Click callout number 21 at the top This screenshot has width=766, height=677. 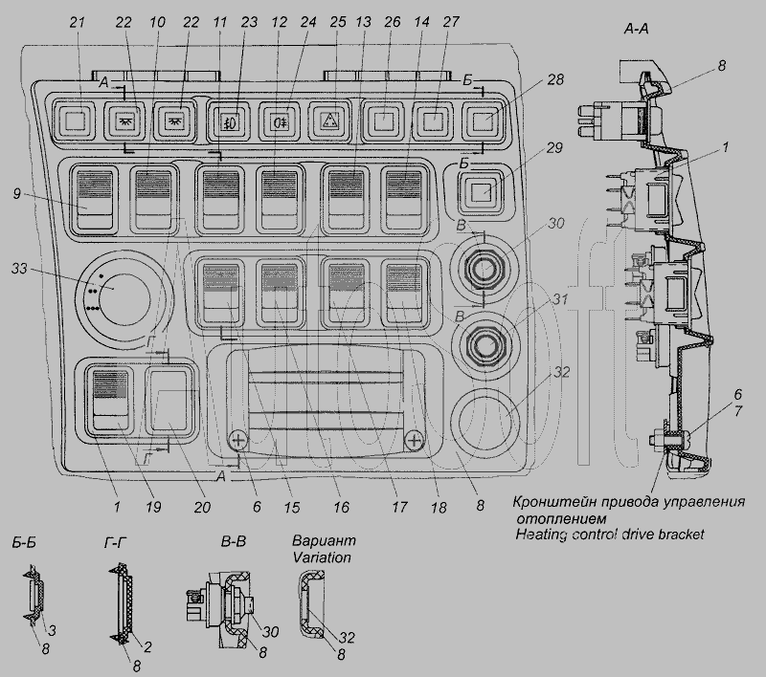coord(78,21)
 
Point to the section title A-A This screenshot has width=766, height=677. coord(639,30)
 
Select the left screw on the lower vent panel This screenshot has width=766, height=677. coord(239,440)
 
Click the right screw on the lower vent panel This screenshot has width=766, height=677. coord(414,440)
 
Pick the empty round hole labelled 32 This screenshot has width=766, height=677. coord(484,418)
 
